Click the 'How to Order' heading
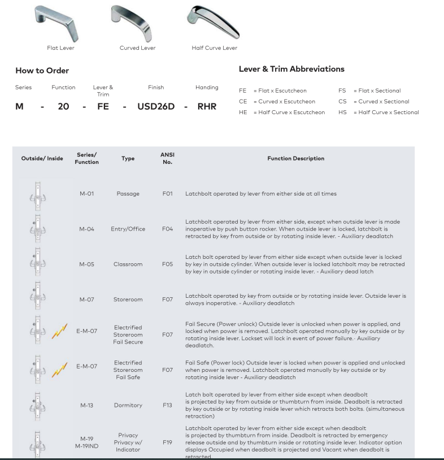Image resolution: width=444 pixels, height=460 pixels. click(x=42, y=71)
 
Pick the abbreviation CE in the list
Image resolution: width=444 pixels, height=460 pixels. click(x=245, y=102)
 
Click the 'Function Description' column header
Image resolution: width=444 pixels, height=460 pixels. click(x=296, y=159)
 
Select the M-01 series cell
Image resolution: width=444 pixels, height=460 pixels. click(x=86, y=194)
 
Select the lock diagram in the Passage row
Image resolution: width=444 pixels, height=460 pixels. click(x=38, y=194)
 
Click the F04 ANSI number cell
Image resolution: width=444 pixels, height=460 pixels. click(x=166, y=229)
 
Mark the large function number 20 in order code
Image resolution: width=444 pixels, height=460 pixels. click(x=63, y=106)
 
